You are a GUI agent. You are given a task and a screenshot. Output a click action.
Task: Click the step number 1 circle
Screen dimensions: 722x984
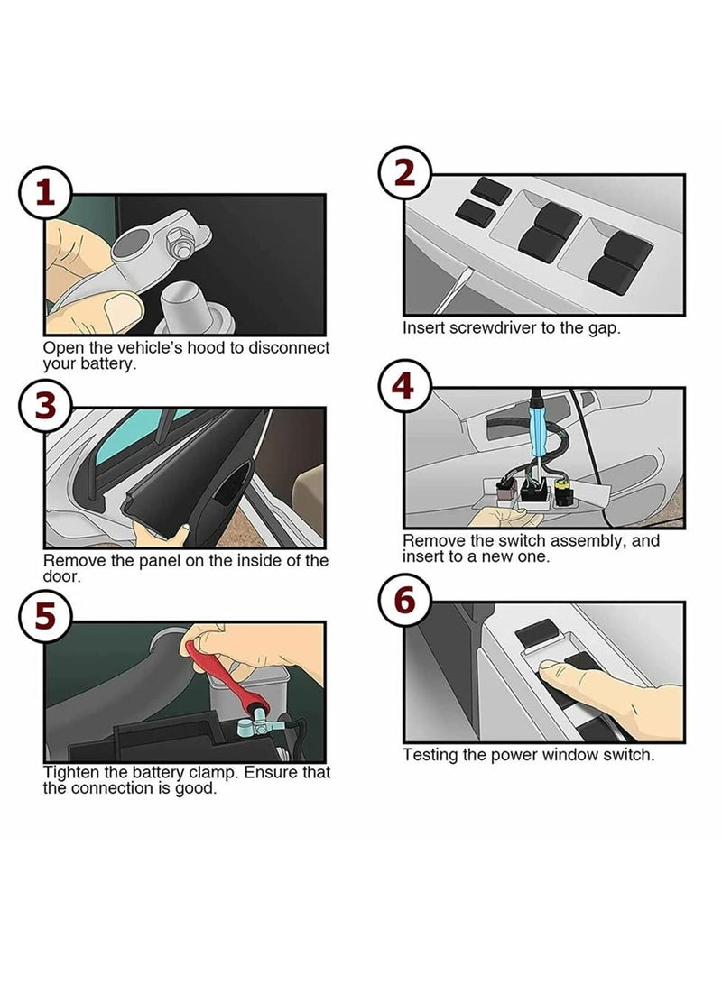(44, 193)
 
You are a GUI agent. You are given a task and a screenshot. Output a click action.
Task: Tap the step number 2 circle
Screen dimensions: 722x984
(405, 172)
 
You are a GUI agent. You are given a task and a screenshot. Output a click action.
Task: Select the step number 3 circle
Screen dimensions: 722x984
(44, 405)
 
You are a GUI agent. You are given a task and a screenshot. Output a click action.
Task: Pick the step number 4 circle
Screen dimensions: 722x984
(405, 385)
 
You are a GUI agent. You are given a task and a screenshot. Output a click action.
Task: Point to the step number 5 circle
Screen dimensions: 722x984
(44, 616)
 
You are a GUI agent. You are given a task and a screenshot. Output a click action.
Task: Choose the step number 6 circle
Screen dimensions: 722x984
(405, 600)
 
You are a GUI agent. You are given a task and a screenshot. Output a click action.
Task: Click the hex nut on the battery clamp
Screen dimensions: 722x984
(180, 243)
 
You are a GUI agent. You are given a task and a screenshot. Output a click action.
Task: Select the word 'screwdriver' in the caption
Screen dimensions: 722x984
(493, 328)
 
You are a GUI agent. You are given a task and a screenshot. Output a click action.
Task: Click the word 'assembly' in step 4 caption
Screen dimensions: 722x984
(590, 541)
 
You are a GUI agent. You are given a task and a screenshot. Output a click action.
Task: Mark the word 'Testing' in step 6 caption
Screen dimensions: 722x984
(430, 755)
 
